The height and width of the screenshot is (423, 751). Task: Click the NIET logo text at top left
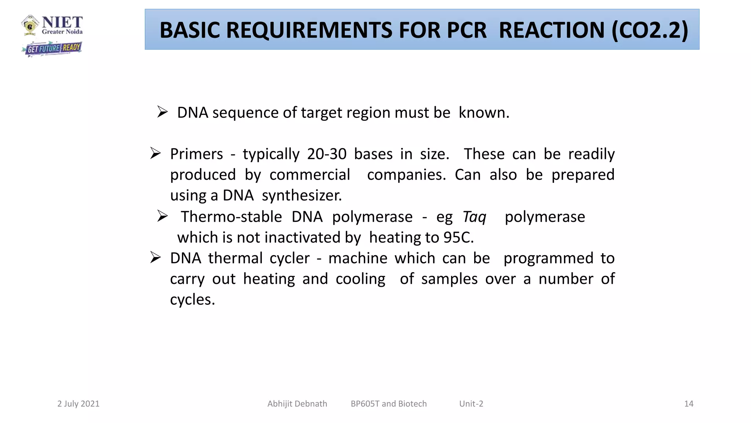[62, 23]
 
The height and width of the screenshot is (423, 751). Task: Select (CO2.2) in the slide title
[649, 30]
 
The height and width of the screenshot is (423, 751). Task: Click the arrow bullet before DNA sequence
[162, 112]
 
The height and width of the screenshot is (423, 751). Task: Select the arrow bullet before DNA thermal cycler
[155, 257]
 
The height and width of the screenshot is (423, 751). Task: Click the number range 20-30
[327, 154]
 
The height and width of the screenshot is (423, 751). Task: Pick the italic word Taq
[474, 217]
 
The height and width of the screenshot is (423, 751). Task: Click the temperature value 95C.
[458, 238]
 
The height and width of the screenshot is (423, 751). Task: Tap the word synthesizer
[301, 196]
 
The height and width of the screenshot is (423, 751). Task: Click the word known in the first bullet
[483, 113]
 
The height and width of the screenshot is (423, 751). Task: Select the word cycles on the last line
[192, 300]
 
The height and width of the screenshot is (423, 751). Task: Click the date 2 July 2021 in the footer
[78, 404]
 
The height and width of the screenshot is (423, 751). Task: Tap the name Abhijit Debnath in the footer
[297, 404]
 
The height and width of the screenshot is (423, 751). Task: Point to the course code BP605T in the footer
[365, 404]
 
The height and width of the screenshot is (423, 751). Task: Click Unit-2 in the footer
[471, 404]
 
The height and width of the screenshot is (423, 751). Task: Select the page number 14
[689, 404]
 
